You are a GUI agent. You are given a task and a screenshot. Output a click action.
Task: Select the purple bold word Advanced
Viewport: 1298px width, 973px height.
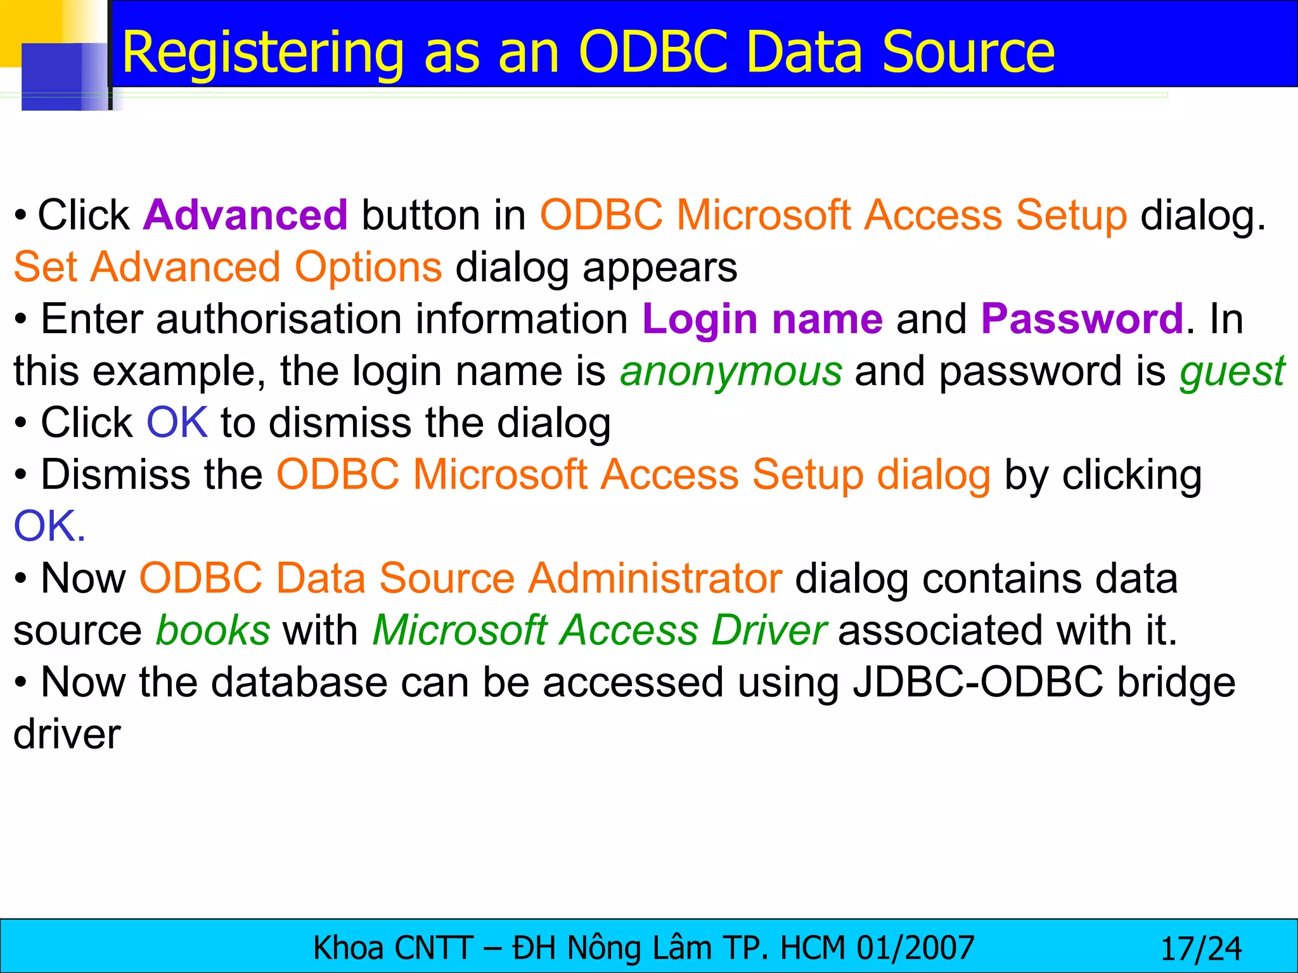tap(245, 215)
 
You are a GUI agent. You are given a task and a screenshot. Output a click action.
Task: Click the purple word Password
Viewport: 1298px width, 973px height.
tap(1082, 318)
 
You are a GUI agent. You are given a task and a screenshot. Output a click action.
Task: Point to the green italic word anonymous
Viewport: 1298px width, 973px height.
tap(731, 371)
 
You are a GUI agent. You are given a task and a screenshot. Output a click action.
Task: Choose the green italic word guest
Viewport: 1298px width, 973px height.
tap(1232, 372)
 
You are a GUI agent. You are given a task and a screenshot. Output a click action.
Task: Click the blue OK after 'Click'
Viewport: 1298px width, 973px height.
tap(177, 423)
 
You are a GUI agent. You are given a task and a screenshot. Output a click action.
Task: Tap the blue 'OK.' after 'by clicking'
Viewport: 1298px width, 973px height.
tap(49, 526)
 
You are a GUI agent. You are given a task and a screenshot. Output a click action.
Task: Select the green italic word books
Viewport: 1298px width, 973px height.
tap(213, 630)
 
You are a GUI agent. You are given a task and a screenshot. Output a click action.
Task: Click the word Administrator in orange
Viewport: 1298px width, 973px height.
tap(655, 578)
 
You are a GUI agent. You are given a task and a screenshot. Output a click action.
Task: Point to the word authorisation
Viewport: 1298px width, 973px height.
tap(279, 318)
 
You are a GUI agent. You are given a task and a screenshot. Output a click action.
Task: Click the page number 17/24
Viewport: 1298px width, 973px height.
tap(1200, 949)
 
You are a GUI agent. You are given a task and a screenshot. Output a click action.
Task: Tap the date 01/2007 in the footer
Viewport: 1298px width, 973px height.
tap(915, 948)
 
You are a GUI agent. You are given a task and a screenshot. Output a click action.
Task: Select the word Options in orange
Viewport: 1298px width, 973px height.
tap(368, 267)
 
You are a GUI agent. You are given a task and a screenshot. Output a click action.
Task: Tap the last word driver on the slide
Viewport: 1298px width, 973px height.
tap(67, 734)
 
